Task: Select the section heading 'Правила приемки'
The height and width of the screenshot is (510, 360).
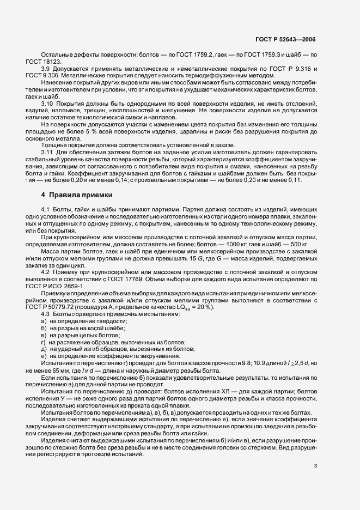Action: [81, 195]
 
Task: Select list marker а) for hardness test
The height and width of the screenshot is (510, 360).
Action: [44, 322]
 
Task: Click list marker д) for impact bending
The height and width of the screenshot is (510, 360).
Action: [44, 349]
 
